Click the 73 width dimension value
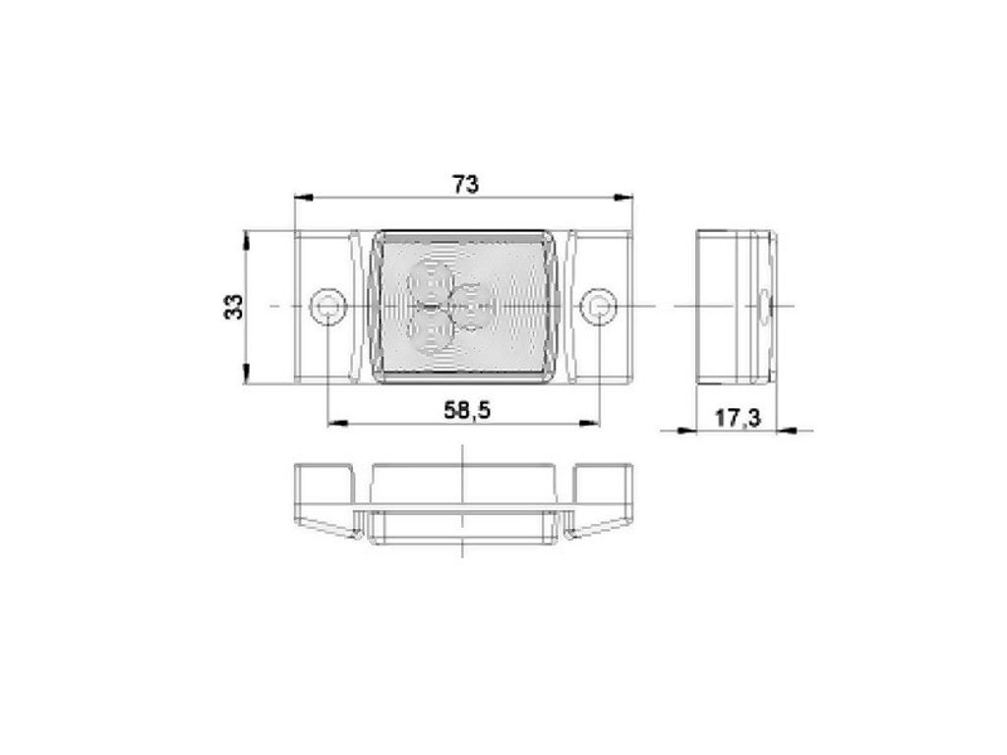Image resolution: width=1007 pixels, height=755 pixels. [x=465, y=184]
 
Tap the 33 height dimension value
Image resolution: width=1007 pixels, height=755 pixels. [x=234, y=307]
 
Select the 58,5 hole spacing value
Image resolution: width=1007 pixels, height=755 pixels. [x=467, y=410]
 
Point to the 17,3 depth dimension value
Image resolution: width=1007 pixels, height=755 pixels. [x=738, y=419]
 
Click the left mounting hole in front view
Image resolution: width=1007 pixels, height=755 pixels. [x=327, y=307]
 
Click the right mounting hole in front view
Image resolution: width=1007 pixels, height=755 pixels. [x=599, y=307]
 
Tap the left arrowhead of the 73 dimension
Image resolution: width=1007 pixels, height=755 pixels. [x=303, y=197]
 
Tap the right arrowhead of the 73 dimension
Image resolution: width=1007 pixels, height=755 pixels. [x=623, y=197]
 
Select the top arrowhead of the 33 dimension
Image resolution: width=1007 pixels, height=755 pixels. [x=245, y=241]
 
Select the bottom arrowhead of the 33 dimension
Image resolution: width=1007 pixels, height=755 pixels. [x=245, y=375]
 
